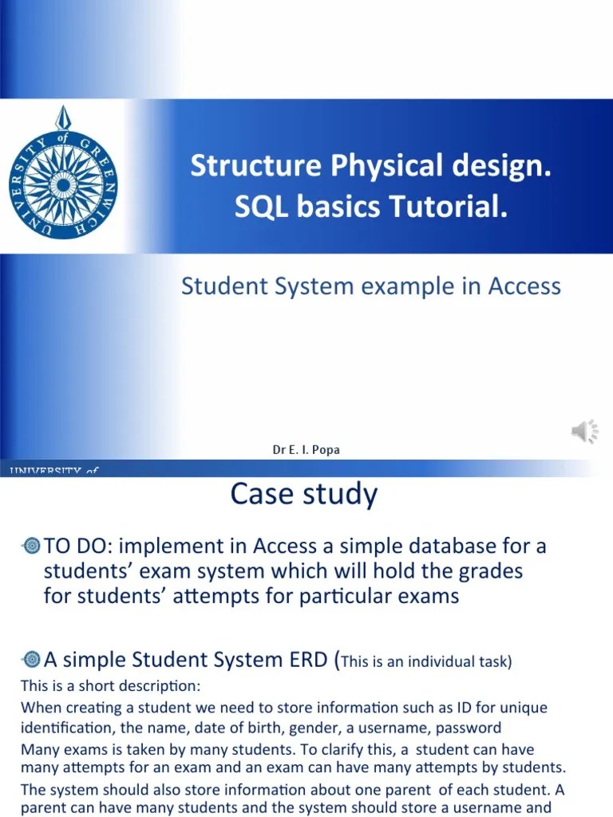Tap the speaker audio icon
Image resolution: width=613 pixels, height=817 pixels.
(x=584, y=432)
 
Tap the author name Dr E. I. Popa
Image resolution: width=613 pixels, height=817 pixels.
(x=306, y=450)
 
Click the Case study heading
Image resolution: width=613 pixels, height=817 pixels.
(x=304, y=495)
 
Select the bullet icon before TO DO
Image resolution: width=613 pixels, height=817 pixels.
(x=32, y=546)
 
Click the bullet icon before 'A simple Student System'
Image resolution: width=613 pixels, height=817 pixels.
(x=32, y=659)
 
